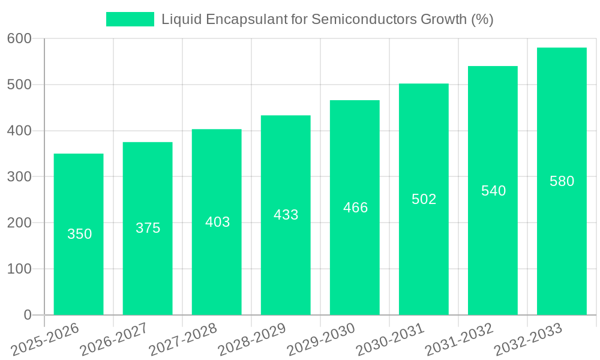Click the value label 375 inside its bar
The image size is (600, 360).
[x=148, y=228]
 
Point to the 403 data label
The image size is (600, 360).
[x=217, y=222]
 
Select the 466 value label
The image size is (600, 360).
[x=355, y=208]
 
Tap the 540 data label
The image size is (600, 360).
[x=493, y=191]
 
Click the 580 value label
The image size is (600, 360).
[x=562, y=181]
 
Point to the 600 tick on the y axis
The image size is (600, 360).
[x=19, y=39]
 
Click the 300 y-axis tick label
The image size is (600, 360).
[x=19, y=177]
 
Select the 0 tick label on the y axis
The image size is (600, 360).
[x=28, y=315]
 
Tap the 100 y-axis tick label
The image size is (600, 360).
[x=19, y=269]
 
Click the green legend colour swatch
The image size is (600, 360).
[x=130, y=19]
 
